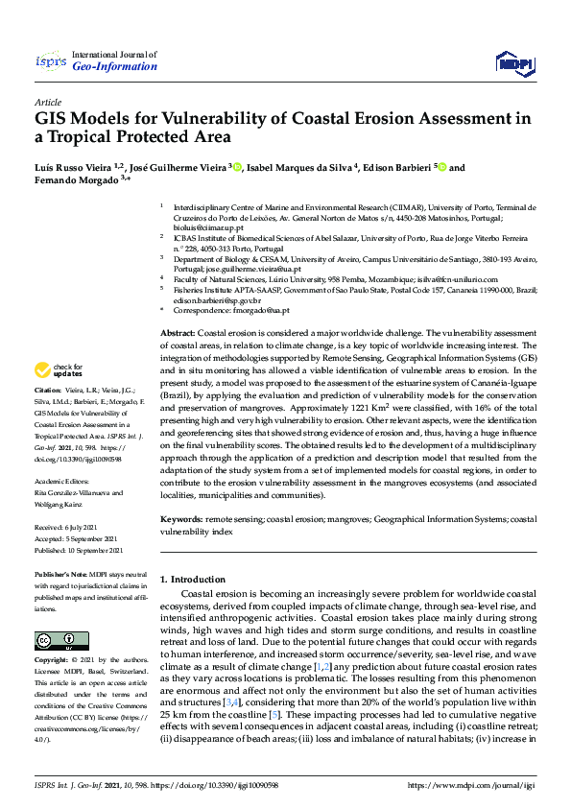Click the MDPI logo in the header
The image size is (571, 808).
[514, 63]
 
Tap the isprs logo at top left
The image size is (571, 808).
[48, 63]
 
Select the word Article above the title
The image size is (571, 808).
[47, 102]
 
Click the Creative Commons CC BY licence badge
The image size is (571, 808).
[48, 639]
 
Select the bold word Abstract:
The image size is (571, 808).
[178, 332]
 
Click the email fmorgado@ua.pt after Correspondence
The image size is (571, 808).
[259, 311]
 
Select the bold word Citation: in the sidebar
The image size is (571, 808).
[48, 417]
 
